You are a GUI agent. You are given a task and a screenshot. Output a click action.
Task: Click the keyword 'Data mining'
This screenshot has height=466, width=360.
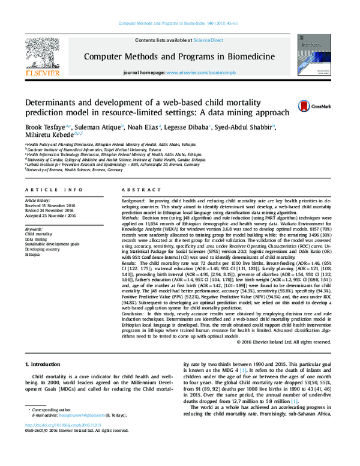point(35,238)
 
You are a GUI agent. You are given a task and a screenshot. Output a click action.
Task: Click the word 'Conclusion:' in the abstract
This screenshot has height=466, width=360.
point(134,314)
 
